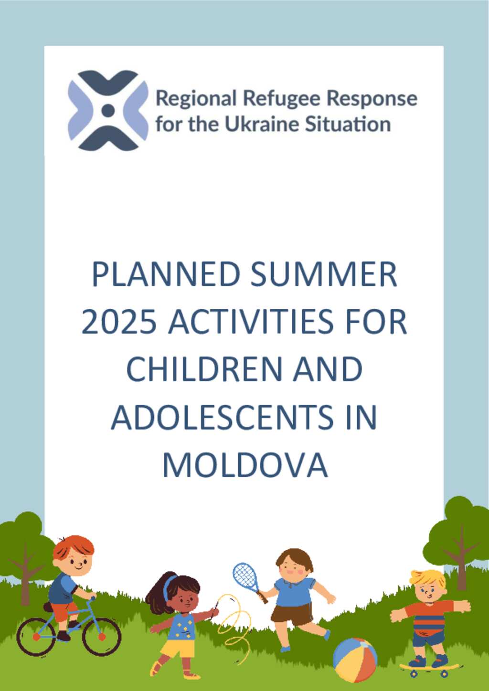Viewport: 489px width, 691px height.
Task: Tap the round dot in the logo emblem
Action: click(x=108, y=110)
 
